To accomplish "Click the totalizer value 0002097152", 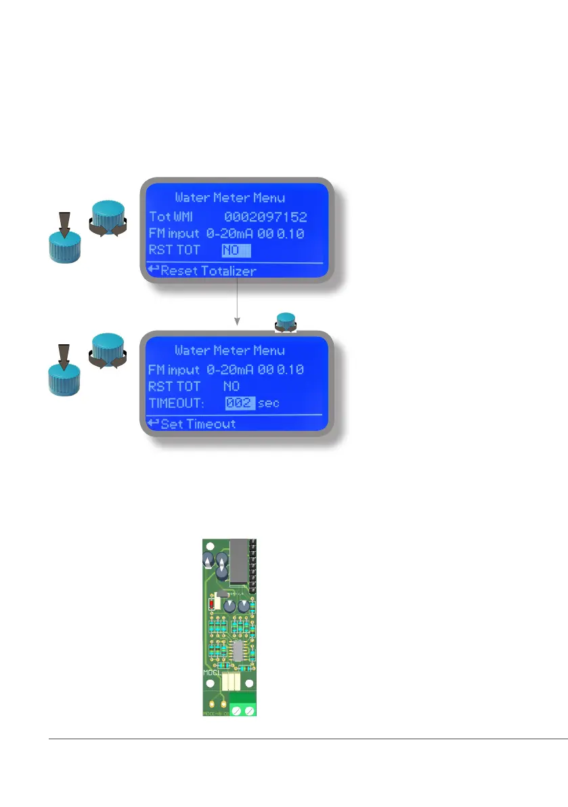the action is [x=265, y=218].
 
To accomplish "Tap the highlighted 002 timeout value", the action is [x=240, y=404].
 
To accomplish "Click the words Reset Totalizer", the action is [x=209, y=272].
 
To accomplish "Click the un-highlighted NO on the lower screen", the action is [x=232, y=387].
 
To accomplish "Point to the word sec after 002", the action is [x=269, y=404].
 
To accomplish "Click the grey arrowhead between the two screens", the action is [x=237, y=321].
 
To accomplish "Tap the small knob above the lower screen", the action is [x=286, y=321].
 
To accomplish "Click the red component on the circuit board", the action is [x=213, y=602].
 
